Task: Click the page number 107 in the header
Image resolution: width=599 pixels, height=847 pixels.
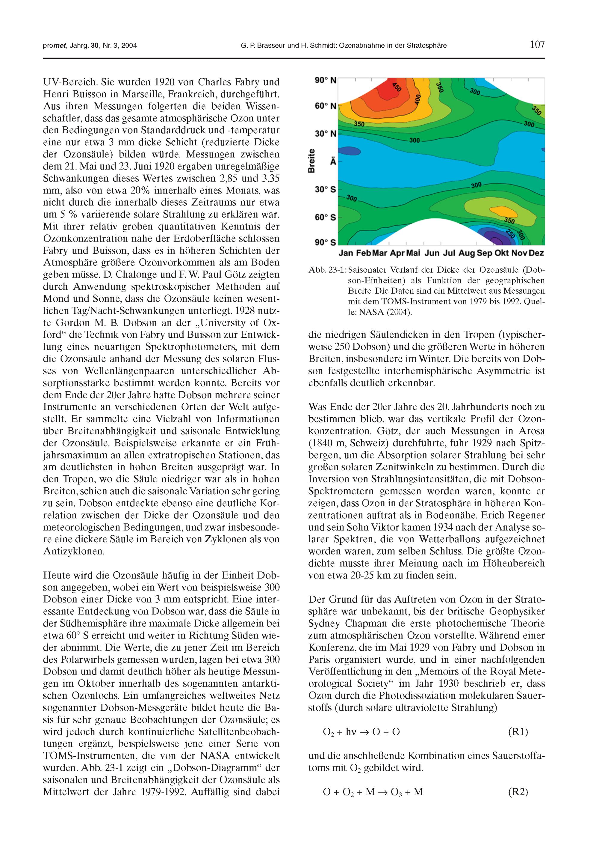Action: coord(537,45)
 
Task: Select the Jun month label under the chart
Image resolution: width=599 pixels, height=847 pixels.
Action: coord(432,253)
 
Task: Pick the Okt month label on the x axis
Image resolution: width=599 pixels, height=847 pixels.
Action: coord(502,253)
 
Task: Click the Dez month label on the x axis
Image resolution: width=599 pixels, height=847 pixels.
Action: coord(536,253)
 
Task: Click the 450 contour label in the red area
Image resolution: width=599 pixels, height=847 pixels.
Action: coord(397,88)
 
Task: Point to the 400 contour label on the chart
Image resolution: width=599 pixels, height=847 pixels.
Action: coord(417,99)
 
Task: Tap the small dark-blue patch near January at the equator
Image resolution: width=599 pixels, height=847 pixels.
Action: coord(349,150)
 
